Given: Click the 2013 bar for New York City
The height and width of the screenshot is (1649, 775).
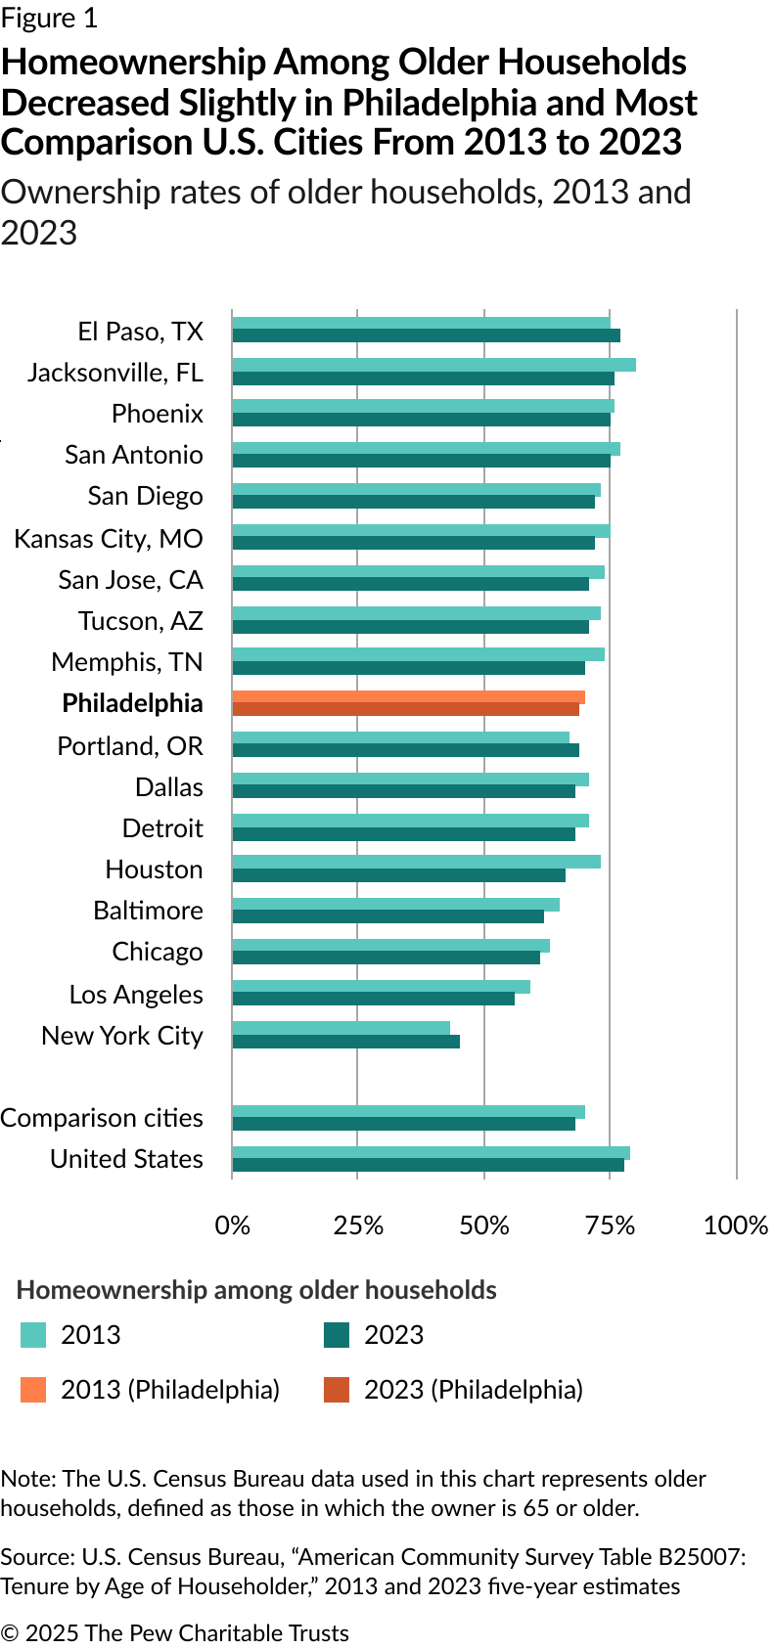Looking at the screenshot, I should tap(341, 1028).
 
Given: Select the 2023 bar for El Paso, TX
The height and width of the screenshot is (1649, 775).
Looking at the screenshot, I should tap(426, 336).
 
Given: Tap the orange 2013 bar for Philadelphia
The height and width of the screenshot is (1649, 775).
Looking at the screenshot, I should tap(408, 696).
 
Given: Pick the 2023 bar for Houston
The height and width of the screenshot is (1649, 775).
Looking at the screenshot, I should tap(398, 875).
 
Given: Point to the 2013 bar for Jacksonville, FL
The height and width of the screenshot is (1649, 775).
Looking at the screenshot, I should tap(433, 365).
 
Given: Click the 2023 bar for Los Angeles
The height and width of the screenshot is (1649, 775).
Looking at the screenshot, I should tap(373, 999).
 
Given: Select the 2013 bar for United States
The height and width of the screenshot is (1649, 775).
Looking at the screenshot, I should tap(431, 1152).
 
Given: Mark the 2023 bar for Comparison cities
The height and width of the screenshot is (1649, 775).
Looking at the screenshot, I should tap(403, 1124).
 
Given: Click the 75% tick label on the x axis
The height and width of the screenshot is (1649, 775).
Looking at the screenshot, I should tap(610, 1226).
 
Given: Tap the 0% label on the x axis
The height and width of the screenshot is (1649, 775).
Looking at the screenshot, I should tap(233, 1226).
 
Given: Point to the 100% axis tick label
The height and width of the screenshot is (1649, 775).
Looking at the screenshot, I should tap(736, 1226).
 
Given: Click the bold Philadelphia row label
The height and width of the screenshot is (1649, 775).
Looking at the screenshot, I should tap(132, 703).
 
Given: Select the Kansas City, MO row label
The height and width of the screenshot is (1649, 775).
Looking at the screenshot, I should tap(109, 539).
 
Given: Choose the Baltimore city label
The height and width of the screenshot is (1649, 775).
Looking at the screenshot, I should tap(148, 911).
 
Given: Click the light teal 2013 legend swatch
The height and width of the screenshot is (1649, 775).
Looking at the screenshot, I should tap(33, 1335).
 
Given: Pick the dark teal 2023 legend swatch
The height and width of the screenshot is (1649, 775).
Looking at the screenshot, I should tap(337, 1335).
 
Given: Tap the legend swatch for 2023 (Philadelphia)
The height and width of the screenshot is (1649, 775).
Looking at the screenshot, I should tap(337, 1390).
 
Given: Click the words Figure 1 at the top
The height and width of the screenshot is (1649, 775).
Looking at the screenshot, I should tap(49, 19).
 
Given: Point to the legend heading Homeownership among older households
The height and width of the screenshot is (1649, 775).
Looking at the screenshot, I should tap(256, 1290).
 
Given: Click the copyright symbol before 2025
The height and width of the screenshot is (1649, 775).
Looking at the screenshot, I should tap(10, 1633).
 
